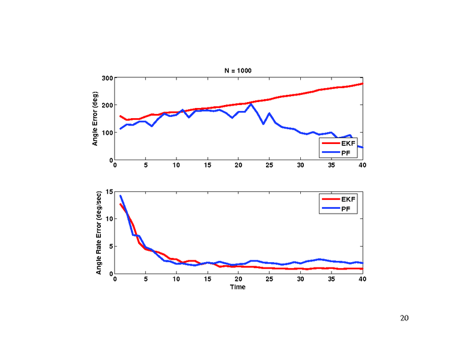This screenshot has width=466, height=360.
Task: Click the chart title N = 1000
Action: (x=239, y=70)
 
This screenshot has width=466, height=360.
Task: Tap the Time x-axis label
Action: (x=238, y=287)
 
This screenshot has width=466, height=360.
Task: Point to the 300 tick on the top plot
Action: (x=107, y=77)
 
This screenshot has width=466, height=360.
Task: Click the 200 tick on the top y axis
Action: (x=107, y=105)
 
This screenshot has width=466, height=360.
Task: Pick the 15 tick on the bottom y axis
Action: (x=109, y=191)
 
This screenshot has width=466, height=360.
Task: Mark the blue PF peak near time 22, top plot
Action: (x=251, y=104)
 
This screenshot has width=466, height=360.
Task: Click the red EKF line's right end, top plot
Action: (x=362, y=83)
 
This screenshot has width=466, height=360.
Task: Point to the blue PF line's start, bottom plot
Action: (x=121, y=196)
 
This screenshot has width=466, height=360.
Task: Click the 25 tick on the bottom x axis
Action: (x=270, y=280)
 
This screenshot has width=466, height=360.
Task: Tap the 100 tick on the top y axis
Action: (x=107, y=133)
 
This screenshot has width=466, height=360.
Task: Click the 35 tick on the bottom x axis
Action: (x=331, y=280)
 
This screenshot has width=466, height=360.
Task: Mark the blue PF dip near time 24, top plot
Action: (x=264, y=124)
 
